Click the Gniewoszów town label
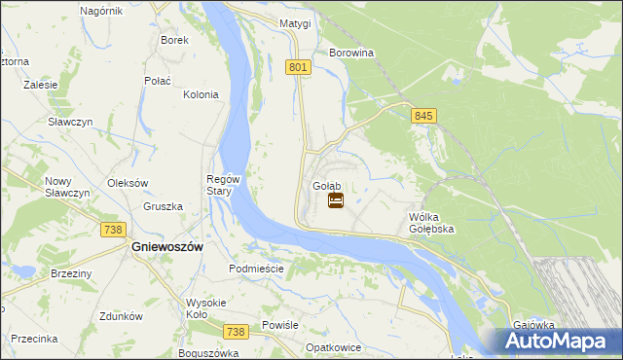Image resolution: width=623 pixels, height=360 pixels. pos(166,247)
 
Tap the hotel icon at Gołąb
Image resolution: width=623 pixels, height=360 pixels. pos(335,200)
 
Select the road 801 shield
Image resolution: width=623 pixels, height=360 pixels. pos(299,66)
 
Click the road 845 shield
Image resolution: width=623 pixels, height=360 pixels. pos(422,116)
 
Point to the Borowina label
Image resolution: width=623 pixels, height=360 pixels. pos(352,53)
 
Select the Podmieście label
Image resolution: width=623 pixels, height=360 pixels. pos(255,269)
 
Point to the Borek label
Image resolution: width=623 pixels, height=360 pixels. pos(174,40)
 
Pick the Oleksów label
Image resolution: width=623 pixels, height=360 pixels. pos(127,183)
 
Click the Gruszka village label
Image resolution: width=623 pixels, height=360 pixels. pos(163,206)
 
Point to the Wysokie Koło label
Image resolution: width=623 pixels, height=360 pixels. pos(204,308)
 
